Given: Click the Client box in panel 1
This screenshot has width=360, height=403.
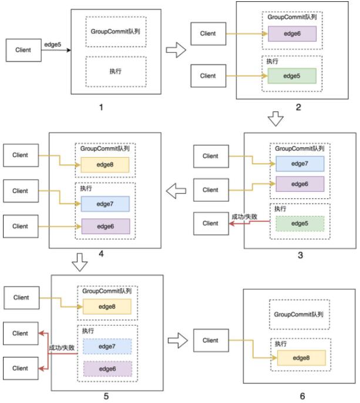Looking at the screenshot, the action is tap(23, 50).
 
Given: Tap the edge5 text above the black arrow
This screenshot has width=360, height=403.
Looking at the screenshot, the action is tap(53, 45).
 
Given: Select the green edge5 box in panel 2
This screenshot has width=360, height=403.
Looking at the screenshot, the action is tap(292, 76).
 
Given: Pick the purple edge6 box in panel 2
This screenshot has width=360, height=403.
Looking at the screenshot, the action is tap(292, 33).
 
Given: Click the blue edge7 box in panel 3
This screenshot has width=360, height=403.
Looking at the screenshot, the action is tap(300, 164).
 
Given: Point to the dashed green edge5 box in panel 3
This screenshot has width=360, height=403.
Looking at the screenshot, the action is tap(300, 223).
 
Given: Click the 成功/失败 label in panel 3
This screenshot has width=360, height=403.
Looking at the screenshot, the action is tap(244, 216).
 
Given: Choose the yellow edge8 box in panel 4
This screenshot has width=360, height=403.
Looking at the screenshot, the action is tap(105, 165).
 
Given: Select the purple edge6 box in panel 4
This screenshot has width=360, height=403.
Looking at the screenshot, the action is tap(106, 226).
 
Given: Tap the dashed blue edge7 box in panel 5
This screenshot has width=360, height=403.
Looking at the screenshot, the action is tap(107, 347).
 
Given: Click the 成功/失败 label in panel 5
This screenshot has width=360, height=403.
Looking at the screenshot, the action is tap(62, 348).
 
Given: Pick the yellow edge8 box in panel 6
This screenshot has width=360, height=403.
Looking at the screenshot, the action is tap(301, 358).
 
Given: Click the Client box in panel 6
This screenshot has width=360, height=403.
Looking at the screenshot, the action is tap(211, 340).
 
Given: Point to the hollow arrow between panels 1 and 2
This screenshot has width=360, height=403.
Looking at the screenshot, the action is tap(176, 50).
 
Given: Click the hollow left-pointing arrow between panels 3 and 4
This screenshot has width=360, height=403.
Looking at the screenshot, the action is tap(176, 191).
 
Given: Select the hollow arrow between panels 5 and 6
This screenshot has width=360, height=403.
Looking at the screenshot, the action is tap(178, 341).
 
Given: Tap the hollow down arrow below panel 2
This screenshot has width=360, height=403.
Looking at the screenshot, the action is tap(275, 118).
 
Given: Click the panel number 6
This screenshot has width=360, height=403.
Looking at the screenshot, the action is tap(302, 396).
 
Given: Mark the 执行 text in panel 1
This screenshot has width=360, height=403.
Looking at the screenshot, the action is tap(116, 71).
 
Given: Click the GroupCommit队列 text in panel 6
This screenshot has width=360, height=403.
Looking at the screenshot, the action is tap(298, 314).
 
